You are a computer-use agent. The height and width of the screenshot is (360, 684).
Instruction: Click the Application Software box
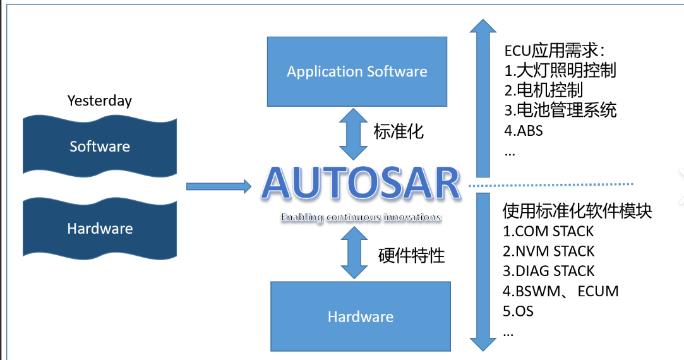356,71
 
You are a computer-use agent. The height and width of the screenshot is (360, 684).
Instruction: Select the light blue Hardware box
361,316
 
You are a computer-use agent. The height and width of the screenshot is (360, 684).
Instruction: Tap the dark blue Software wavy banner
100,147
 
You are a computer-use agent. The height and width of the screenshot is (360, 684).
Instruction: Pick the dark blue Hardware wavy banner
100,228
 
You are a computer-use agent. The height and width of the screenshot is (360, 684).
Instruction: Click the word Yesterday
100,100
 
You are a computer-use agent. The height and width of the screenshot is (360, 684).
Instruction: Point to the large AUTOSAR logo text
361,184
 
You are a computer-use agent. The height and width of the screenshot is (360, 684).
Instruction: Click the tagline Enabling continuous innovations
361,217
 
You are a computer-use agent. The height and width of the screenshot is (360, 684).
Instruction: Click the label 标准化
399,131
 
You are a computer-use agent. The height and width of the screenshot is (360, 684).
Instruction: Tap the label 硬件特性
411,255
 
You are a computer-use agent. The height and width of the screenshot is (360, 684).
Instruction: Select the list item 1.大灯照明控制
560,70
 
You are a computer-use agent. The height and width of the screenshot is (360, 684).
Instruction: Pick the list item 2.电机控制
543,90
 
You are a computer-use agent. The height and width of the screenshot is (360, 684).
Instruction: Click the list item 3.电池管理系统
560,110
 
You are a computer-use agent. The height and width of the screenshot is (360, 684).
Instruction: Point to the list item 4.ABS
524,131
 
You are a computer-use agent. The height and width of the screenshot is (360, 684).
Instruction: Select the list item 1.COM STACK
548,231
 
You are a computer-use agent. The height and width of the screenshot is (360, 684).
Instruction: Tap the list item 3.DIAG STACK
548,271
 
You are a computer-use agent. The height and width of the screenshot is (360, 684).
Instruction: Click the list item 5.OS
519,311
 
